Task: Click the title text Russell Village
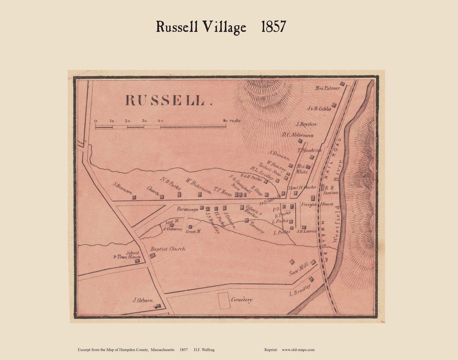click(201, 27)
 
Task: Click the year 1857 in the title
click(273, 27)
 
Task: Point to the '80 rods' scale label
click(232, 120)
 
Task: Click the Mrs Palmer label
click(327, 88)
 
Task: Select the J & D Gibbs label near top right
click(319, 109)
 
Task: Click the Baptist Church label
click(168, 249)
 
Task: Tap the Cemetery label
click(242, 300)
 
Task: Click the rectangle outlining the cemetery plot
click(223, 300)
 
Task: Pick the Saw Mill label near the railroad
click(299, 270)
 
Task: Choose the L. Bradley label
click(300, 290)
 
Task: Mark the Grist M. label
click(193, 232)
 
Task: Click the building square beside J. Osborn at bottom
click(158, 306)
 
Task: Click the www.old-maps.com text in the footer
click(298, 350)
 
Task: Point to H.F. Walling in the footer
click(204, 350)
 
